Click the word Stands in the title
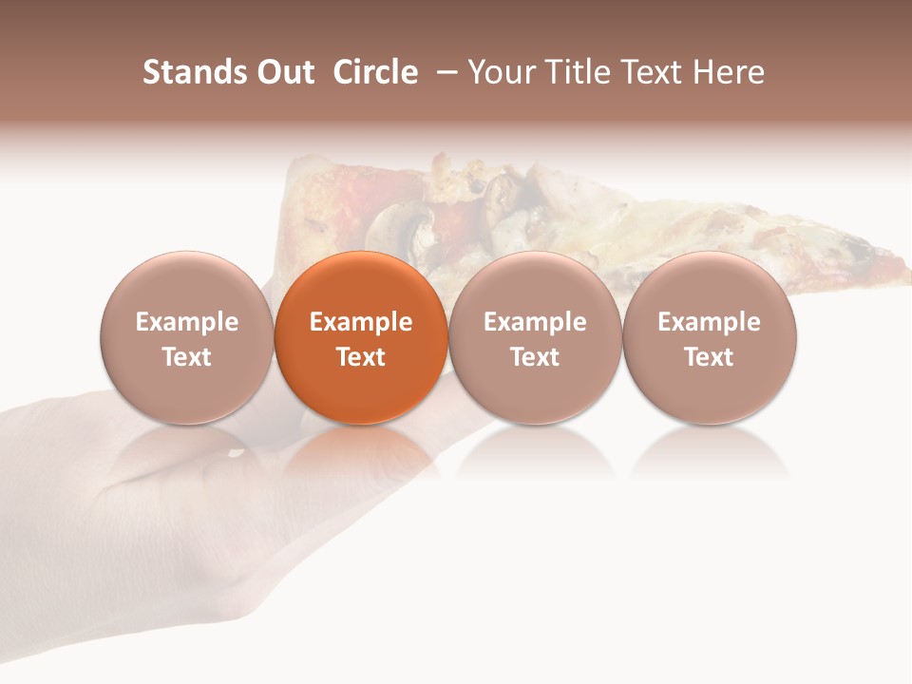click(x=194, y=72)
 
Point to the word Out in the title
click(x=284, y=72)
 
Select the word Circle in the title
click(x=375, y=72)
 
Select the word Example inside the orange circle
click(x=361, y=323)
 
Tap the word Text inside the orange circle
click(x=361, y=357)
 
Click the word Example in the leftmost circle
click(x=187, y=323)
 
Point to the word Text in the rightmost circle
click(x=710, y=357)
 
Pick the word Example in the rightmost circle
click(x=710, y=323)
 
